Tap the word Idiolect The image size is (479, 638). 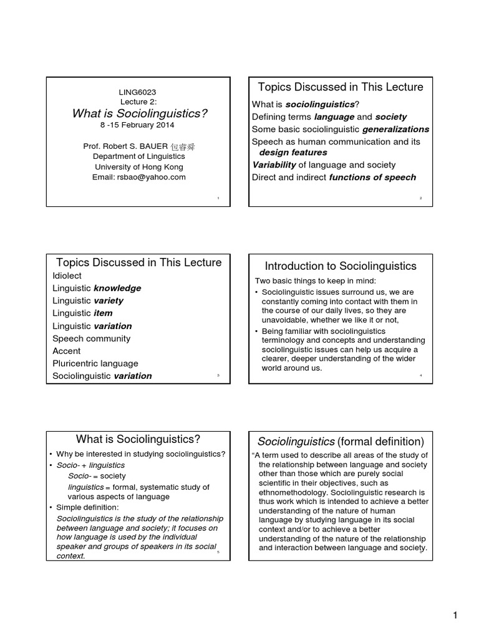[x=67, y=275]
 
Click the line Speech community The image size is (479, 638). [x=91, y=338]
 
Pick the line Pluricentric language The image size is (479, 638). [x=95, y=363]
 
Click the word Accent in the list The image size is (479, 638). [x=67, y=351]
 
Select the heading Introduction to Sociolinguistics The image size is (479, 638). [x=341, y=266]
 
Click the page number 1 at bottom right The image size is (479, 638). [x=455, y=616]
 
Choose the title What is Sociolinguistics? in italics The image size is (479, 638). [x=139, y=113]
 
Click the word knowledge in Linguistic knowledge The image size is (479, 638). [x=117, y=288]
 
